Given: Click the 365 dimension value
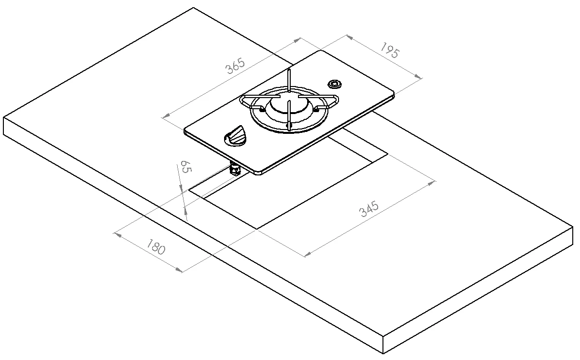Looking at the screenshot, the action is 235,66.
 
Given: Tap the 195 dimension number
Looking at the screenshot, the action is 390,50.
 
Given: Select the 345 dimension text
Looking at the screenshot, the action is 369,208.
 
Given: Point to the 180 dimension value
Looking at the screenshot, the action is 156,247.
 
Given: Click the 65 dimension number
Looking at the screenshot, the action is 186,167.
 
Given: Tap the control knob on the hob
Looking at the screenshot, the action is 235,136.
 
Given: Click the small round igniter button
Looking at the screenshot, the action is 335,84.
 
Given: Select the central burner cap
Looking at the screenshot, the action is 289,103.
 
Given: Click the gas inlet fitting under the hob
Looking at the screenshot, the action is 235,170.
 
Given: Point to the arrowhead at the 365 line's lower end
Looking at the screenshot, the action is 166,115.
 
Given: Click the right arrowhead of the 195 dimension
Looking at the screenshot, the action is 418,76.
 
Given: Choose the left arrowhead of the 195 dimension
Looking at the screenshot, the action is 350,37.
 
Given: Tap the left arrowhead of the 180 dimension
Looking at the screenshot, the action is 118,235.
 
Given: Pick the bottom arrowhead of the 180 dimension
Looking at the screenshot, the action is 179,270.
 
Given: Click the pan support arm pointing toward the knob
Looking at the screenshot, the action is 289,114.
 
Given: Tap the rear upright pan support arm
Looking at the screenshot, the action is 289,81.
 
